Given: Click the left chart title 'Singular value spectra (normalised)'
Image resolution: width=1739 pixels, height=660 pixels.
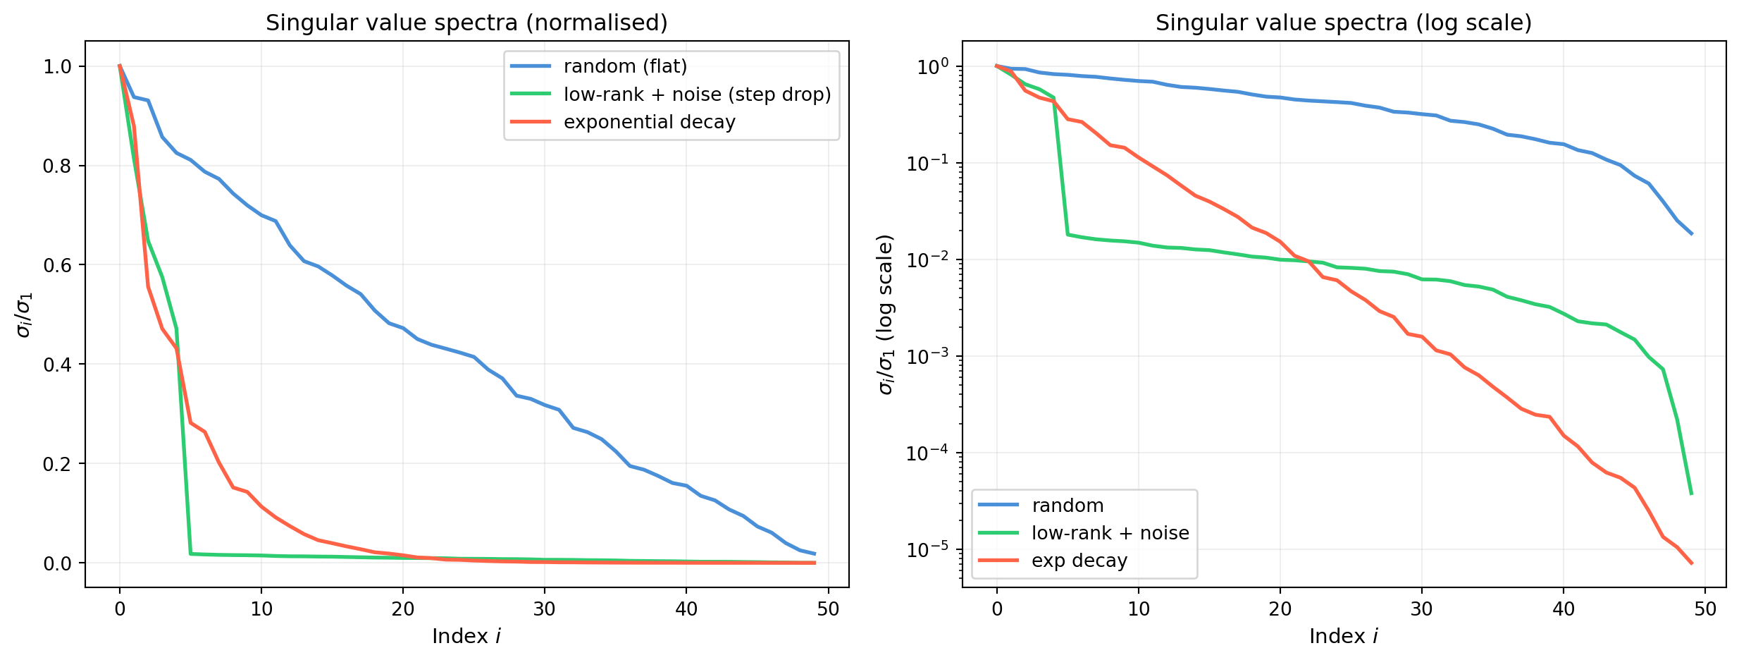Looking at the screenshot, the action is [x=466, y=23].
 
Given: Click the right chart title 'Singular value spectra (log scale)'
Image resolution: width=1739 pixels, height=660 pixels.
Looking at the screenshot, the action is [x=1344, y=23].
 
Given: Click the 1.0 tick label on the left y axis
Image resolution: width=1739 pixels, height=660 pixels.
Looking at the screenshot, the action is [x=58, y=67].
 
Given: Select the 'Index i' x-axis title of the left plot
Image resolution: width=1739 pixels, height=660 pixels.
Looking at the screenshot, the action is [x=466, y=637].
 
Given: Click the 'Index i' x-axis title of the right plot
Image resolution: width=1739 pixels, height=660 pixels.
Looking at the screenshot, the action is [x=1344, y=637].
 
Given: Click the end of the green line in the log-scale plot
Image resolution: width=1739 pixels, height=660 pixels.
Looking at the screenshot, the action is [x=1691, y=494].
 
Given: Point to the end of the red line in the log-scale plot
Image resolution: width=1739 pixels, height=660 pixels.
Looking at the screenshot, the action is [x=1691, y=563].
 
